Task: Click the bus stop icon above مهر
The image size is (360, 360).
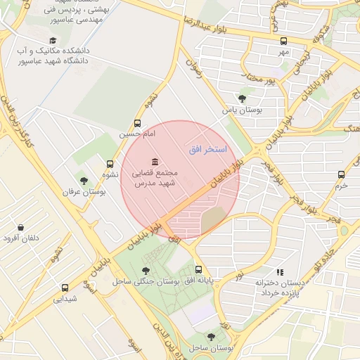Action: [283, 41]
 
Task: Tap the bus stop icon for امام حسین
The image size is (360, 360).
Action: [136, 123]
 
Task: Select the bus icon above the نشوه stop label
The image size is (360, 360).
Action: [110, 164]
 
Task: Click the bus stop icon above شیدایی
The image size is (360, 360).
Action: [65, 288]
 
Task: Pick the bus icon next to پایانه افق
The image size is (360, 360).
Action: [198, 269]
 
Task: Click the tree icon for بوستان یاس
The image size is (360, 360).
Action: [243, 99]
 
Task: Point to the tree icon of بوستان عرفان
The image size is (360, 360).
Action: [84, 181]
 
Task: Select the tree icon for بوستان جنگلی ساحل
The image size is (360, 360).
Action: [146, 271]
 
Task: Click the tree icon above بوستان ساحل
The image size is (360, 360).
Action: [211, 337]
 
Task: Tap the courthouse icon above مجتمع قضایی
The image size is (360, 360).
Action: [154, 162]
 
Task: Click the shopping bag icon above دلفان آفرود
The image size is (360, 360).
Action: [20, 228]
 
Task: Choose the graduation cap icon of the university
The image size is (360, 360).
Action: [53, 41]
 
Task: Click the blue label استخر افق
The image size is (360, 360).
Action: [207, 150]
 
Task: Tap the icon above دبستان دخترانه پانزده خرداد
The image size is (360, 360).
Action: [280, 271]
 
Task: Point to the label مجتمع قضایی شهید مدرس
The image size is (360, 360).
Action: [154, 178]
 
